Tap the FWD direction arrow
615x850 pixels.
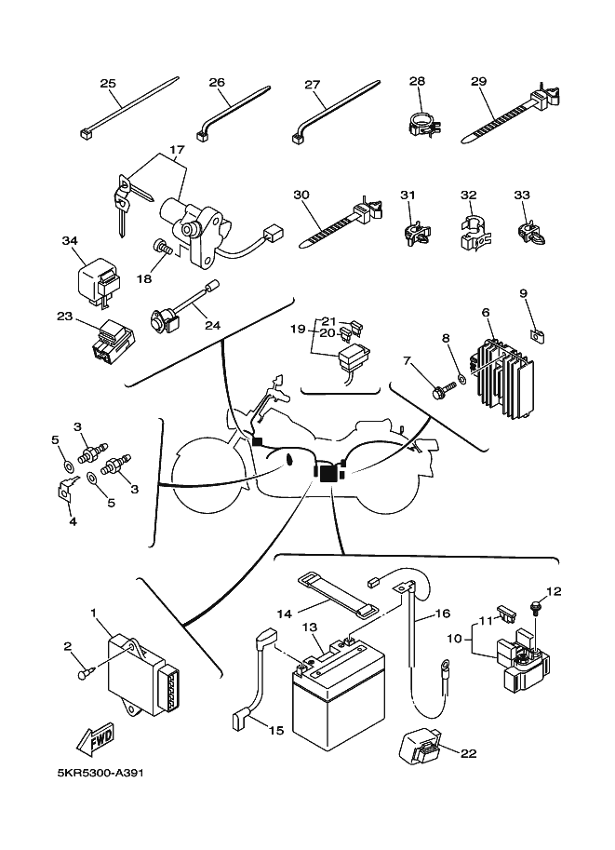point(96,739)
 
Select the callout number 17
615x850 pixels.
point(177,150)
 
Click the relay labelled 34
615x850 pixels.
point(95,271)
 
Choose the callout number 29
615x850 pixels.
point(479,83)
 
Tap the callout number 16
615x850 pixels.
point(443,614)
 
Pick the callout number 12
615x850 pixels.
point(554,590)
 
